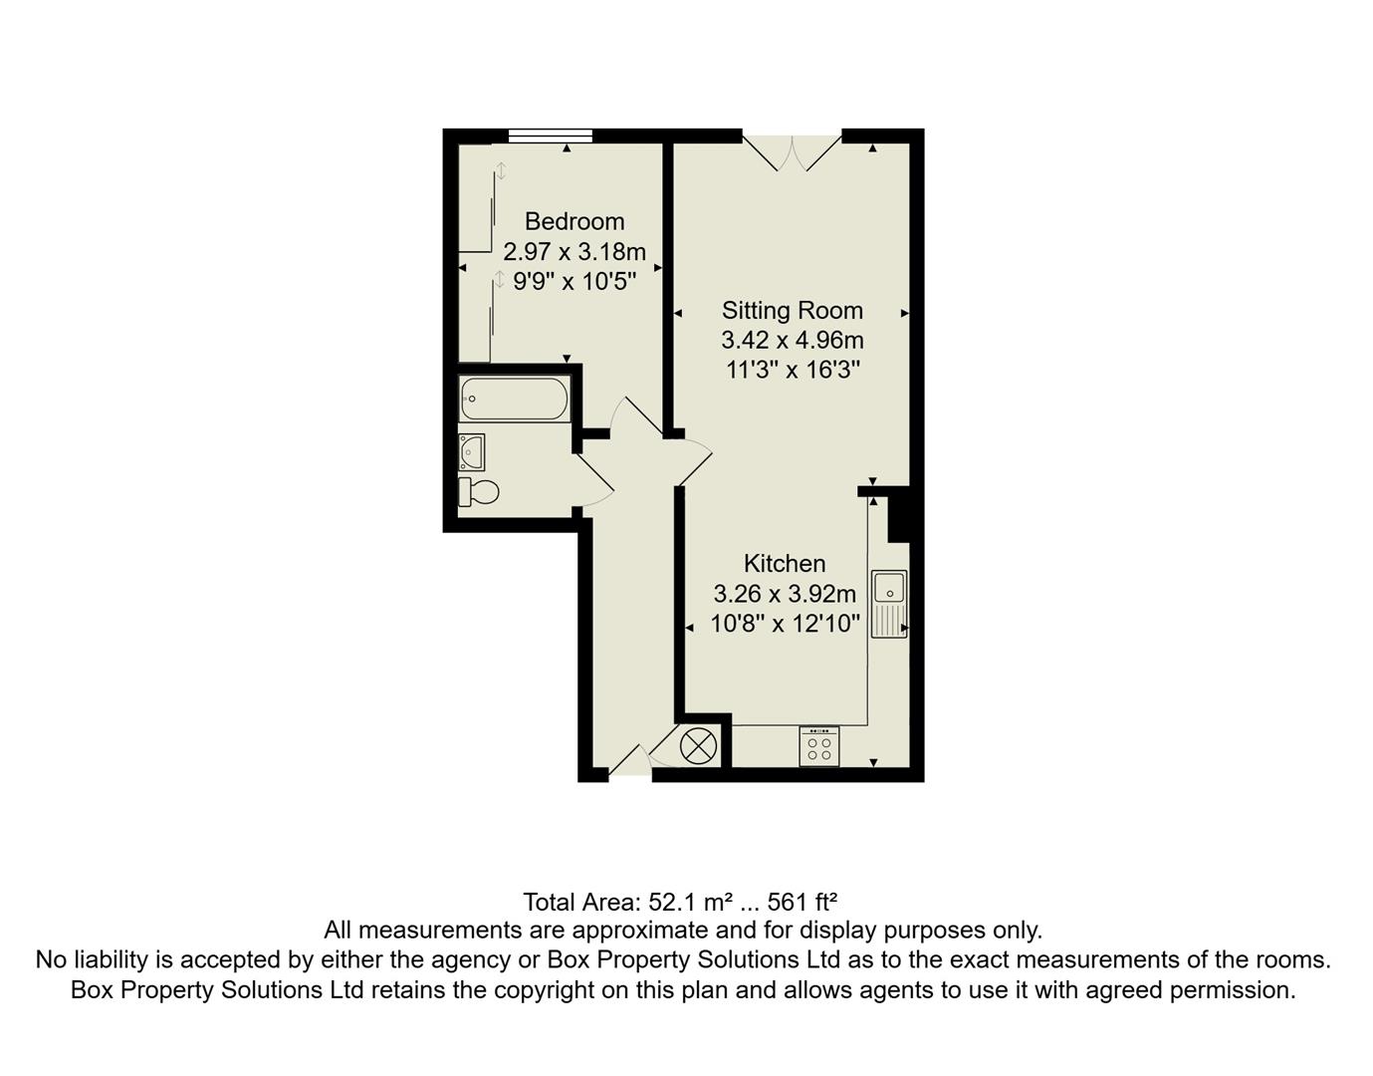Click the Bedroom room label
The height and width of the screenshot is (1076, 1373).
(x=574, y=221)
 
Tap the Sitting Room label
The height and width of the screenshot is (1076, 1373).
(x=792, y=311)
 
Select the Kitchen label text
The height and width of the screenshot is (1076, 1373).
(x=785, y=564)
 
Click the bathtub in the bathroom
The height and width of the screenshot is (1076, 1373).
(x=514, y=400)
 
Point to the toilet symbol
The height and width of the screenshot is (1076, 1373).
(x=478, y=491)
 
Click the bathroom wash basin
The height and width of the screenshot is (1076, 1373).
(x=472, y=452)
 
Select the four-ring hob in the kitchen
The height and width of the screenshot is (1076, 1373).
(x=819, y=746)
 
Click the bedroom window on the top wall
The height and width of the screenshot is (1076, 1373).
(x=550, y=136)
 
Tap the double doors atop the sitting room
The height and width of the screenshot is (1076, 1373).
(x=793, y=151)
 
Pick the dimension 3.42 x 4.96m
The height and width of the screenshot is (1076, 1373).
(x=792, y=341)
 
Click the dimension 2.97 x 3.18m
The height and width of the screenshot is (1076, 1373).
(x=574, y=251)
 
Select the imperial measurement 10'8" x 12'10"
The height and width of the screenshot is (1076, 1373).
(x=785, y=625)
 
